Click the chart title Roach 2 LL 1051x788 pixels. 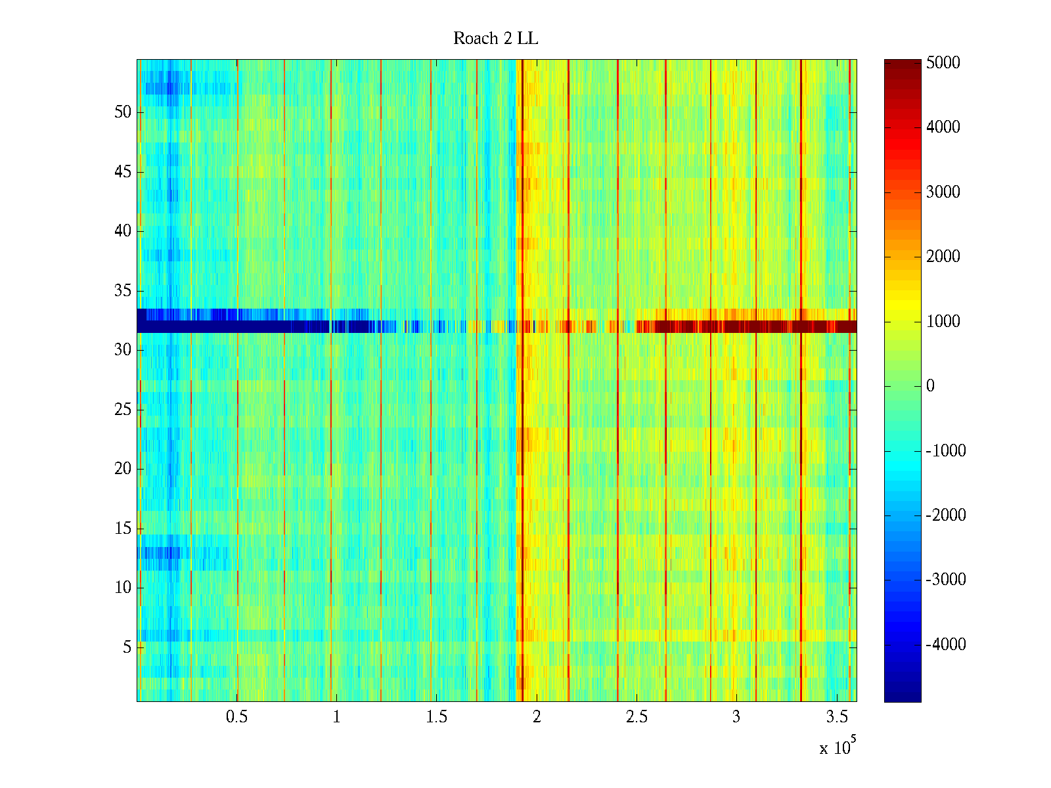(x=495, y=39)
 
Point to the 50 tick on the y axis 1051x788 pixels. (x=123, y=112)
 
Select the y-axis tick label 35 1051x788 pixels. (x=123, y=291)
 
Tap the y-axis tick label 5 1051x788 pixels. (x=127, y=647)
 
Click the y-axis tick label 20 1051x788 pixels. (x=123, y=469)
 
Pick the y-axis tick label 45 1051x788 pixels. (x=123, y=172)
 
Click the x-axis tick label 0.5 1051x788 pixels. (x=236, y=717)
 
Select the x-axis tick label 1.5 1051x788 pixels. (x=436, y=717)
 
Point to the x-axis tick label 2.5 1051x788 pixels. (x=637, y=717)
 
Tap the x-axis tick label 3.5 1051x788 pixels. (x=837, y=717)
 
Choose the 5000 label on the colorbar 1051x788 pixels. (x=943, y=63)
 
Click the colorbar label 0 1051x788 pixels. (x=930, y=386)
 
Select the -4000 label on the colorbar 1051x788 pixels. (x=945, y=645)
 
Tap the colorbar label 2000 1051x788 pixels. (x=943, y=257)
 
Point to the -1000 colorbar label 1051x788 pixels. (x=945, y=451)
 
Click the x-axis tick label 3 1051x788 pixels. (x=736, y=717)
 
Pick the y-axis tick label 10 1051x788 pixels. (x=123, y=588)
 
